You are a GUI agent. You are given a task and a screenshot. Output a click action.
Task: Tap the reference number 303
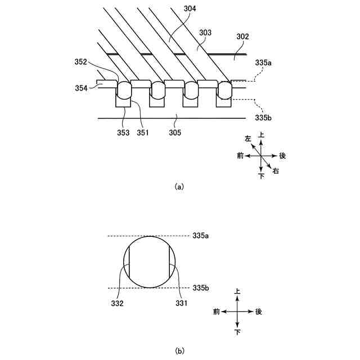[206, 33]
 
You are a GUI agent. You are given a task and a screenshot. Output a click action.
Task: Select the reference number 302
[242, 36]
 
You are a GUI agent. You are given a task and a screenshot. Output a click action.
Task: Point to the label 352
[80, 62]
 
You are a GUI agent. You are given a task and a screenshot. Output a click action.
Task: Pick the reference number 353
[123, 132]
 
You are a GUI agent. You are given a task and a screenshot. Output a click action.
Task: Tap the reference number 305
[177, 132]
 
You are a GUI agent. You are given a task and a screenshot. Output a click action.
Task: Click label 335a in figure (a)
[264, 64]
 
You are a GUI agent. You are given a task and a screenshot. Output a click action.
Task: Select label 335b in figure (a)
[263, 118]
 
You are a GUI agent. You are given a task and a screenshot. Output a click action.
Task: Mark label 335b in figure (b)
[201, 287]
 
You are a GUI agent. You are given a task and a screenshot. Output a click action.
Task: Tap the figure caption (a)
[179, 186]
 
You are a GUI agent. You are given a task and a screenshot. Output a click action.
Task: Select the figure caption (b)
[179, 352]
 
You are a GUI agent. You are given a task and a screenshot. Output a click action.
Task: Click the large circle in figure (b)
[149, 262]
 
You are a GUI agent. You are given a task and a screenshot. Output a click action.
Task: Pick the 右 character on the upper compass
[276, 171]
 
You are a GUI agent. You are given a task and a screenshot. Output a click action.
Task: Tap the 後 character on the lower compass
[259, 311]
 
